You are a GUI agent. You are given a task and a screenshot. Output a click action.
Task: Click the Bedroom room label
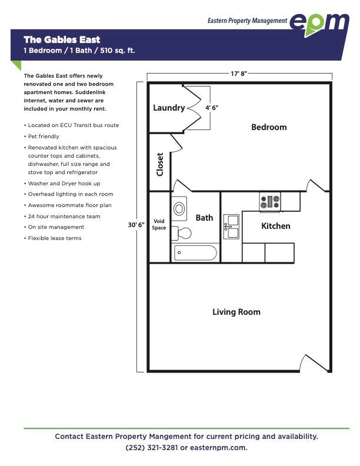point(269,127)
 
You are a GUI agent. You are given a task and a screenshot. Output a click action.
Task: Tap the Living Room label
point(236,312)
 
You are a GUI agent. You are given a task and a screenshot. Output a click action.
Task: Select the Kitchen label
point(276,226)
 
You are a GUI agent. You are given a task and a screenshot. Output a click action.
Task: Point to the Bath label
point(204,218)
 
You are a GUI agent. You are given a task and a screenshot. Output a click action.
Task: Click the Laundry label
point(169,108)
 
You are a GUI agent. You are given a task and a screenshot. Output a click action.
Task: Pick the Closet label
point(160,165)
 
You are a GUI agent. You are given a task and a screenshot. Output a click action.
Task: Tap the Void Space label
point(159,224)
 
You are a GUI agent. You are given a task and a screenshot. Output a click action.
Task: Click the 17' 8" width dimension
point(239,74)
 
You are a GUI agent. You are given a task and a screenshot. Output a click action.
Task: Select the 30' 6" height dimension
point(136,225)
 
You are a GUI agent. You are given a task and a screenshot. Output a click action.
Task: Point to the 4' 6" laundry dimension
point(212,108)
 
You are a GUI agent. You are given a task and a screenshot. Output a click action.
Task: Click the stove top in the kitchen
point(269,202)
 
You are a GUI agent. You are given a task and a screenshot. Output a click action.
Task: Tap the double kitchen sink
point(231,227)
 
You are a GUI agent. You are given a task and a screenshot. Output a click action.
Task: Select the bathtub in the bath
point(195,253)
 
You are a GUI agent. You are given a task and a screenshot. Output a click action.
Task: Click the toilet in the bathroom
point(182,233)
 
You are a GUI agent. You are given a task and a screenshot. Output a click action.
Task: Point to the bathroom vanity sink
point(179,209)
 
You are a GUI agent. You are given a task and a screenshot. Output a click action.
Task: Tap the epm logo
point(319,24)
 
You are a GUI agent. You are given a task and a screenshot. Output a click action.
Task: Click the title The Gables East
point(62,39)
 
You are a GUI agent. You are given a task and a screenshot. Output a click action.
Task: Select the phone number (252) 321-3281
point(152,448)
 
